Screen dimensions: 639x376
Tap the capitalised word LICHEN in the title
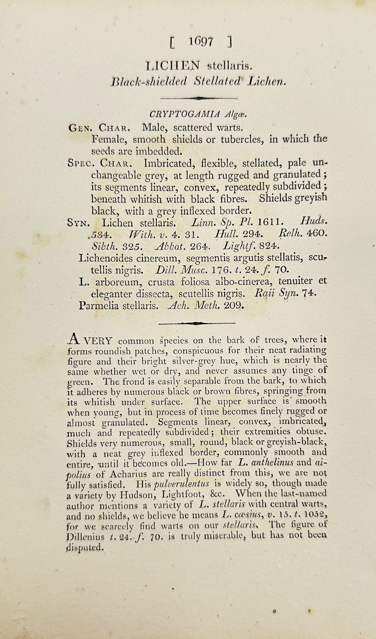173,65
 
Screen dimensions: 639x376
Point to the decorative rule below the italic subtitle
199,98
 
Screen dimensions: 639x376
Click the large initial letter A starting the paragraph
73,339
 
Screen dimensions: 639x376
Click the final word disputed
84,548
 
